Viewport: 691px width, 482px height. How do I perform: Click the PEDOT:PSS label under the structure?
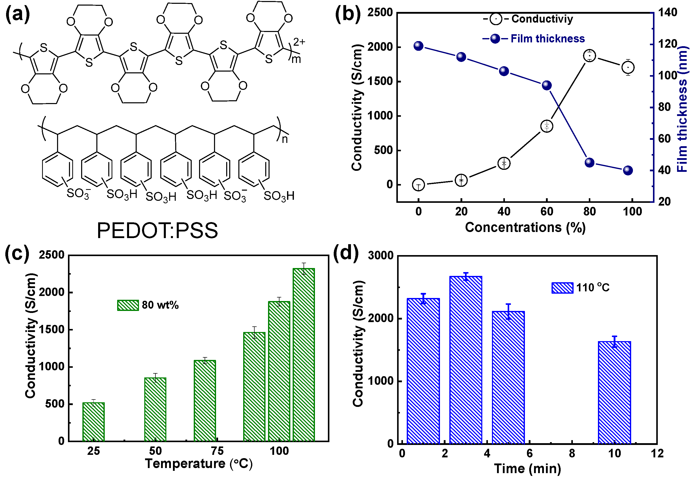click(157, 231)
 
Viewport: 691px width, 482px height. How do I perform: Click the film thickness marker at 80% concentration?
click(589, 163)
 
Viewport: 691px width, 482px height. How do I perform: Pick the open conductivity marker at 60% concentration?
click(546, 126)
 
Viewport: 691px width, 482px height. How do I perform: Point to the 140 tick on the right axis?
click(667, 12)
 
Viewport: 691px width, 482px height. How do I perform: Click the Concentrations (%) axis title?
click(525, 227)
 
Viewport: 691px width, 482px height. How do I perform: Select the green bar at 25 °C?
click(94, 422)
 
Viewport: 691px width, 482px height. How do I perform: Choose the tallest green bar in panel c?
click(304, 355)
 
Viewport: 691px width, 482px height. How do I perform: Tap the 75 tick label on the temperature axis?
click(217, 451)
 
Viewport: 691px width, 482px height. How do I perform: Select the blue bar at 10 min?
click(614, 392)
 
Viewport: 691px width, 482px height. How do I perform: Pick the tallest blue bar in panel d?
click(466, 360)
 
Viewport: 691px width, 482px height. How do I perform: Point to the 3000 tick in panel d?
click(381, 255)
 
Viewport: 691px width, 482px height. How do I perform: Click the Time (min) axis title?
click(527, 469)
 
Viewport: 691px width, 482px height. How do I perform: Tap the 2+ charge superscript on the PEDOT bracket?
click(299, 42)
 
